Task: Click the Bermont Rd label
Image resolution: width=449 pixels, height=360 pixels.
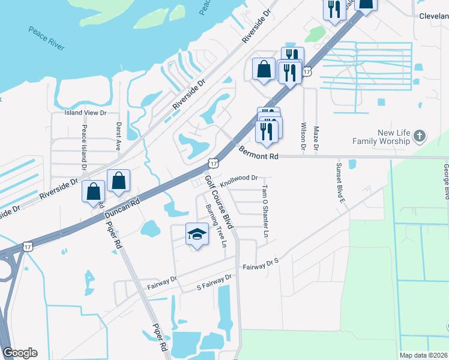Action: tap(259, 154)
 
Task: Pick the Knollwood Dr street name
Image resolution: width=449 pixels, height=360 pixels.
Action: tap(238, 178)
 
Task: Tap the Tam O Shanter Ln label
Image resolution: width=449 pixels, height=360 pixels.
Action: tap(264, 209)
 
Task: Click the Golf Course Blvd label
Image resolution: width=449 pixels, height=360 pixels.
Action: tap(219, 200)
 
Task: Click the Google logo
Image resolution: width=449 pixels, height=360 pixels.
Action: tap(19, 353)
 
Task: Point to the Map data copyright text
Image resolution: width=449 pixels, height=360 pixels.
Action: tap(423, 355)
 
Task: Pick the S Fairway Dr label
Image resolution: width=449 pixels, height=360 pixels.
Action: tap(214, 283)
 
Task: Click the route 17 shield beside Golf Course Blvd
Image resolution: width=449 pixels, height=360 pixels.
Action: tap(213, 163)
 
